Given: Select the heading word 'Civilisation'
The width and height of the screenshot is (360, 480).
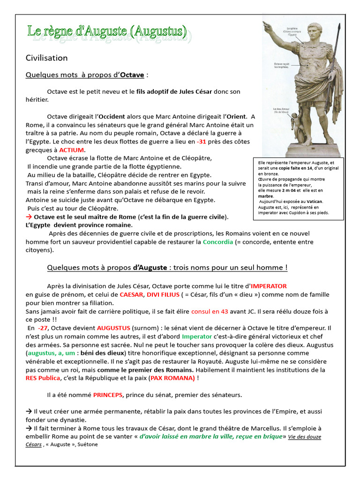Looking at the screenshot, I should coord(46,58).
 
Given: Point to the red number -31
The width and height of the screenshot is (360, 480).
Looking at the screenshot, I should coord(201,142).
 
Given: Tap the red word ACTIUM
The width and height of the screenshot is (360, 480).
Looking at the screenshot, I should coord(72,150).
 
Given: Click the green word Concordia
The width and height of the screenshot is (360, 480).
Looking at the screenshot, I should coord(217,242).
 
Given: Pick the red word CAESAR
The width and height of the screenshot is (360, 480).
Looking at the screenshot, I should coord(132,294).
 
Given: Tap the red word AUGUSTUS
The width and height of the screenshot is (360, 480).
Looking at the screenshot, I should coord(113,328).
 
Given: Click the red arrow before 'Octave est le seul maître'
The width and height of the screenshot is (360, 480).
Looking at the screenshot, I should coord(29,217).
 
